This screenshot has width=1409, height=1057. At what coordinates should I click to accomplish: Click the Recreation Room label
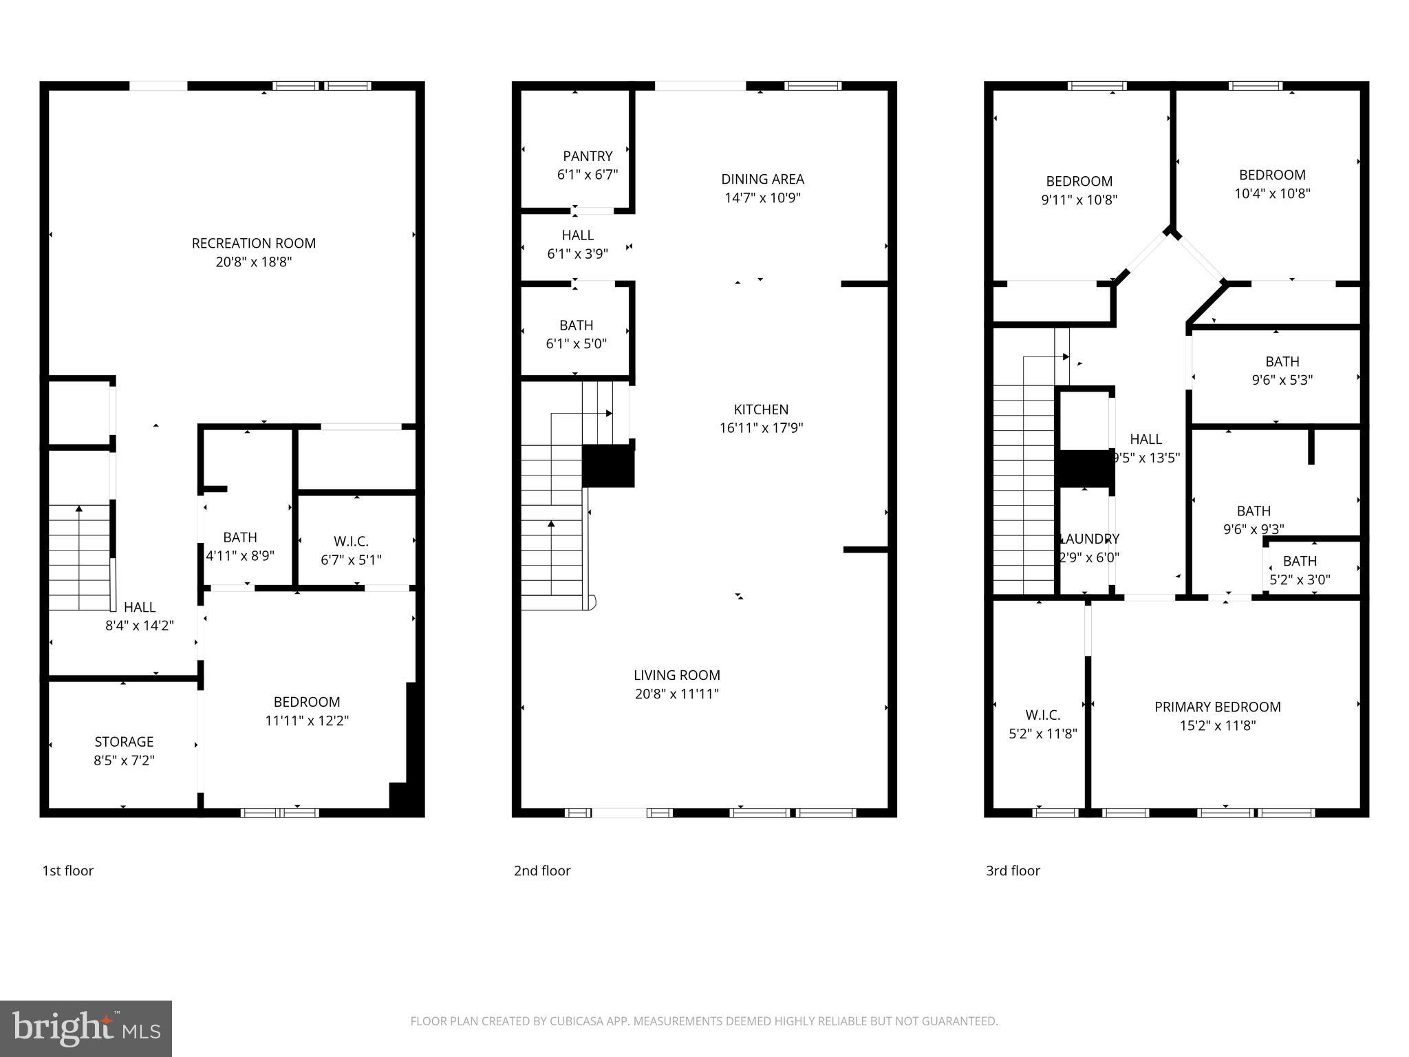tap(254, 243)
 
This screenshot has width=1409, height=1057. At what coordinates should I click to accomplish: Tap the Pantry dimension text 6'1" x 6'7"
tap(588, 175)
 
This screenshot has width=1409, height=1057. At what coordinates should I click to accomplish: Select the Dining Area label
tap(762, 179)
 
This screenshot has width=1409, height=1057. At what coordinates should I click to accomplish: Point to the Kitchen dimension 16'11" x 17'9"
tap(761, 428)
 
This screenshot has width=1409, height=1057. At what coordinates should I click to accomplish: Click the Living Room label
tap(677, 675)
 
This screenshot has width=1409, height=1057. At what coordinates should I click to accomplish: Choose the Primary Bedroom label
tap(1217, 707)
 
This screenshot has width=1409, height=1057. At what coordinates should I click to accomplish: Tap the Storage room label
tap(124, 742)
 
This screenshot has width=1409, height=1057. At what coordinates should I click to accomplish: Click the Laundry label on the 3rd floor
tap(1090, 539)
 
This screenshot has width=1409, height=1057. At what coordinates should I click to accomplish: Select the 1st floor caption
tap(67, 871)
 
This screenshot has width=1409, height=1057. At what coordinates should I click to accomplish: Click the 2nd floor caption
tap(542, 871)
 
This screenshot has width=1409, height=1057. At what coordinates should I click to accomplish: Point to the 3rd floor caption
tap(1013, 871)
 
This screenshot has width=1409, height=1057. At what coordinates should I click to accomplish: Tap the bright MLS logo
tap(86, 1029)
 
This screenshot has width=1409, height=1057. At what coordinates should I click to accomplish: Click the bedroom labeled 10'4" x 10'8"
tap(1271, 175)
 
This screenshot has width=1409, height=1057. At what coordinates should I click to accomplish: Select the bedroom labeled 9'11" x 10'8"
tap(1079, 181)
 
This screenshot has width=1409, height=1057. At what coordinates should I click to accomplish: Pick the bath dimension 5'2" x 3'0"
tap(1300, 580)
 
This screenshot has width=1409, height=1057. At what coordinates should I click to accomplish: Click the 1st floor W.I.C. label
tap(351, 542)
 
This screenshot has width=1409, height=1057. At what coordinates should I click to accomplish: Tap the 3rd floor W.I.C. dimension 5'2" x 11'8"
tap(1042, 734)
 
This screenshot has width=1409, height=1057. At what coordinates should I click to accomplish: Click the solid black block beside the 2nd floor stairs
tap(607, 466)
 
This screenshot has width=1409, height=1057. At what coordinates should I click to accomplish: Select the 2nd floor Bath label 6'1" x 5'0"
tap(577, 325)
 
